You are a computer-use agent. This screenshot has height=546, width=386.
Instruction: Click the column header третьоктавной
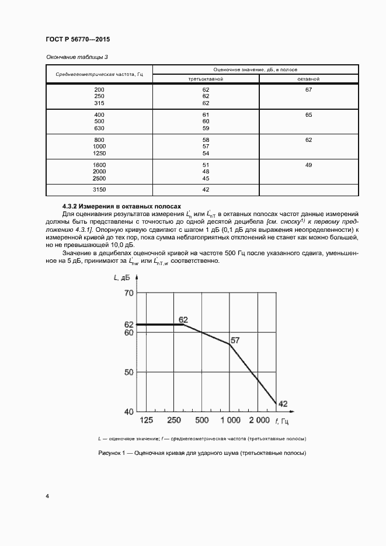(x=206, y=78)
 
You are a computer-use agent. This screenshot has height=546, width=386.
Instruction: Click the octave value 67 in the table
(x=309, y=90)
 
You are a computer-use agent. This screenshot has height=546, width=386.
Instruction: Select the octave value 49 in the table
(x=309, y=165)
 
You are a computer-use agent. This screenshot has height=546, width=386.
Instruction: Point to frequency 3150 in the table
(x=99, y=190)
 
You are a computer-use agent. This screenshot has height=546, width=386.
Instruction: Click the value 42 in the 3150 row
(x=206, y=190)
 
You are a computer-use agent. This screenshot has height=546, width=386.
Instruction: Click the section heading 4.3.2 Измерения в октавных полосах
(x=122, y=207)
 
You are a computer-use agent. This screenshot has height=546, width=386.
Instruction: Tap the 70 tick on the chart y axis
(x=128, y=293)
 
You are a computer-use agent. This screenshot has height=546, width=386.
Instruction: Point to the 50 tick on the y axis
(x=128, y=372)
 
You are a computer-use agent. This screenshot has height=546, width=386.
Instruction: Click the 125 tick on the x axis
(x=146, y=420)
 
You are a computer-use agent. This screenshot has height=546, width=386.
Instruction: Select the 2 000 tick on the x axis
(x=259, y=420)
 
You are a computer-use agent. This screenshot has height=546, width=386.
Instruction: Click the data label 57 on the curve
(x=235, y=339)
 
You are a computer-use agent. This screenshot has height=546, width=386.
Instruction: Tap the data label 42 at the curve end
(x=283, y=404)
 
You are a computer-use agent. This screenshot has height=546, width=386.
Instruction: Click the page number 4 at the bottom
(x=47, y=496)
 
